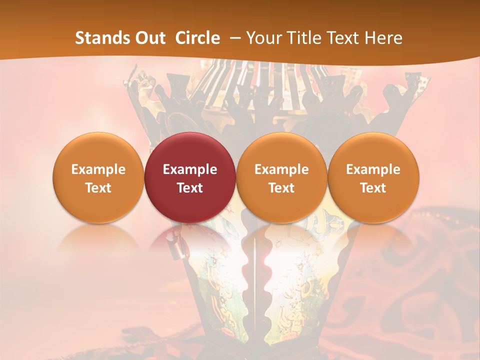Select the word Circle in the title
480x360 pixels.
pos(197,38)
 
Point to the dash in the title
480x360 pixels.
pos(234,38)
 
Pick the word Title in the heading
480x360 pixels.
pos(304,38)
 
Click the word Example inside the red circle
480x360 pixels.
pos(190,169)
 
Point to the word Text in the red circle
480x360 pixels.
pos(190,188)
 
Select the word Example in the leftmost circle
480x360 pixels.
pos(98,169)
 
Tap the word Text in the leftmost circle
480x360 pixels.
pos(98,188)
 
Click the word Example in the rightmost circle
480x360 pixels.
pos(373,169)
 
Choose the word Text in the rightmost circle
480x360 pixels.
pos(373,188)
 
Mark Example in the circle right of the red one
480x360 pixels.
pos(281,169)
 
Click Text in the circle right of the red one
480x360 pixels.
pos(281,188)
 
